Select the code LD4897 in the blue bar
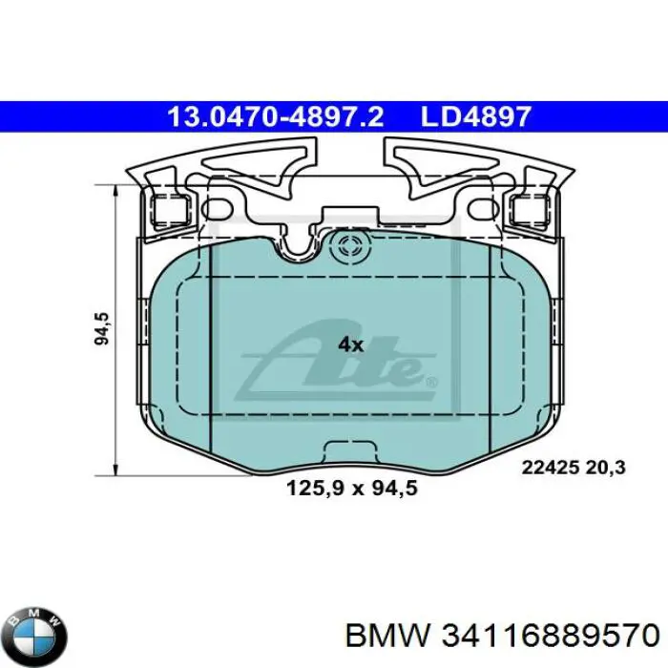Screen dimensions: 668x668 (474, 117)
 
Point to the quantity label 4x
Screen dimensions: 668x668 (350, 344)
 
